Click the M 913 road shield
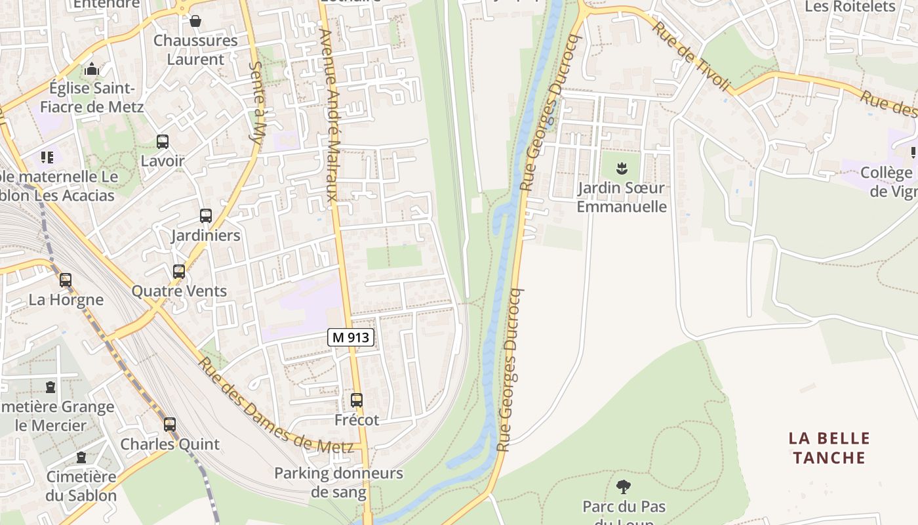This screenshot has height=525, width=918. [x=351, y=338]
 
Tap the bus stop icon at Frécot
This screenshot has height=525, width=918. [x=357, y=400]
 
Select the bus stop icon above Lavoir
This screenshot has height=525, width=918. [x=162, y=141]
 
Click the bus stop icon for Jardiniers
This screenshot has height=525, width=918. [x=205, y=215]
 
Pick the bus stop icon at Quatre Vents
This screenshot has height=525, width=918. [x=178, y=271]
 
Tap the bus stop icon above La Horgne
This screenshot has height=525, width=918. [x=66, y=280]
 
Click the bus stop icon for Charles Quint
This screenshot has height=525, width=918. [x=170, y=424]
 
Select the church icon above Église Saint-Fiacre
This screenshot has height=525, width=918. [x=92, y=69]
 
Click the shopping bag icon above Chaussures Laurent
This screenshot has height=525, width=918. [x=195, y=21]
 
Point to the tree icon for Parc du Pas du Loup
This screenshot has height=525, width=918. [x=623, y=486]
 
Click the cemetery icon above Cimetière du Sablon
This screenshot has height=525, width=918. [x=81, y=457]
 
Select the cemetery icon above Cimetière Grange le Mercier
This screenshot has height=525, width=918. [x=50, y=387]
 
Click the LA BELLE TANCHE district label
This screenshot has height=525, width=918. [x=829, y=448]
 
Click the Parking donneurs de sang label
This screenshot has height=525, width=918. [x=338, y=482]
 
